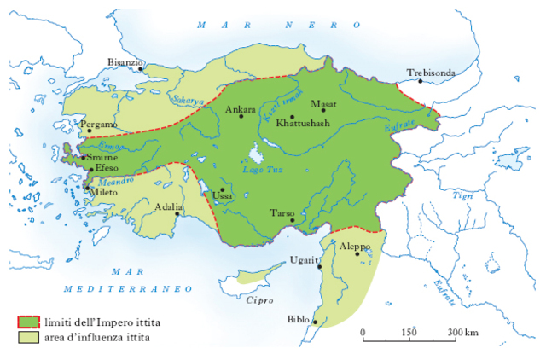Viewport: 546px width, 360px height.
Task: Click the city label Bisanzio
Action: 125,61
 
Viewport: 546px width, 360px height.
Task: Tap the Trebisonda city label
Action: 431,73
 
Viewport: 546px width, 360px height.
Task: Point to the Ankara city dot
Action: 241,116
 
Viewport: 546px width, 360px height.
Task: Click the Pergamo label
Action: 97,125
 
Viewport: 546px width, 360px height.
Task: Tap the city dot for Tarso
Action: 293,220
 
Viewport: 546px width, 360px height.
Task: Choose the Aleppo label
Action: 354,246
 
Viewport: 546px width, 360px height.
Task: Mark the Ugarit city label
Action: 304,259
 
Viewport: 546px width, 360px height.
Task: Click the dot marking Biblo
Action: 316,322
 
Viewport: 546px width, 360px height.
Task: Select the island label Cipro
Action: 258,301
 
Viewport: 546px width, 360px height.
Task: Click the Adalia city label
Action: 167,206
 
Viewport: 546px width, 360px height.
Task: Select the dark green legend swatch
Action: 29,322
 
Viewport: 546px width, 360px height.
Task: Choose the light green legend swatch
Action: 29,338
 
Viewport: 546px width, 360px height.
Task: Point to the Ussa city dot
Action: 223,190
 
